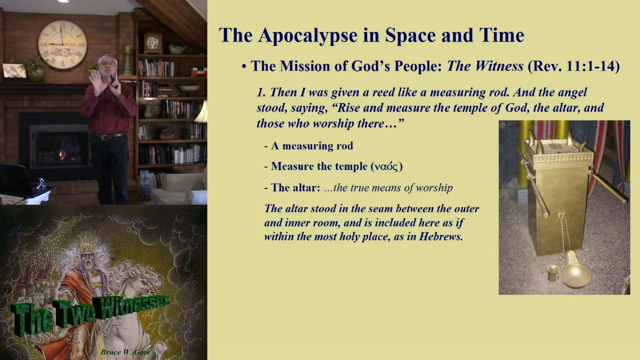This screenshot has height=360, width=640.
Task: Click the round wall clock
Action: point(62,44)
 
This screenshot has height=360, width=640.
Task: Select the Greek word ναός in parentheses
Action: point(386,166)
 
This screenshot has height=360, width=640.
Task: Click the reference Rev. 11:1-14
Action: point(573,66)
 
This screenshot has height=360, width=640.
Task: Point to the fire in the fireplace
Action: point(63,153)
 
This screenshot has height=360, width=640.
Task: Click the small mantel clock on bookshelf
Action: point(153,42)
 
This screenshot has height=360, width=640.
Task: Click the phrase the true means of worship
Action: point(388,188)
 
